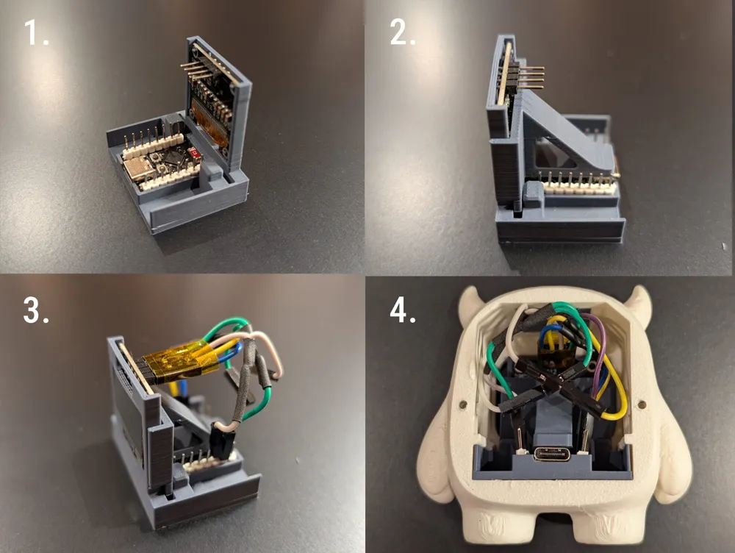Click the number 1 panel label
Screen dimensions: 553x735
click(36, 32)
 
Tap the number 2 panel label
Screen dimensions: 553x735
click(402, 32)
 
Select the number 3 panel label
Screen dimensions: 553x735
click(36, 310)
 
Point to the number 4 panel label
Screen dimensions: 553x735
click(403, 310)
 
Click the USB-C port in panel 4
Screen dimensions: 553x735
click(551, 454)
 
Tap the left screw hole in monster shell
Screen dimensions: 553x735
click(461, 403)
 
